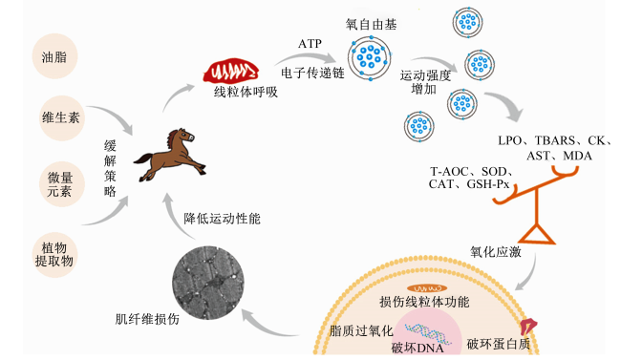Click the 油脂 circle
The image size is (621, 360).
pos(54,56)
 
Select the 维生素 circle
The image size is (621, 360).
pos(61,117)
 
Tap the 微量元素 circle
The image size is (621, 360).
pos(61,183)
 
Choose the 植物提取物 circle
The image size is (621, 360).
pos(54,255)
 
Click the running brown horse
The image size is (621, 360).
pos(170,155)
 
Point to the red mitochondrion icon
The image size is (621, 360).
pos(231,71)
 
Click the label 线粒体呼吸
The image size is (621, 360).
pos(246,92)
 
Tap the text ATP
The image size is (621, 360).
pos(310,44)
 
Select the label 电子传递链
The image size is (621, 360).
pos(312,73)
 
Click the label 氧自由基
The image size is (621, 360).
pos(371,25)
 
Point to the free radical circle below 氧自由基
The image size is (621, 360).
pos(370,58)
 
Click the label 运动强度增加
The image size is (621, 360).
pos(425,82)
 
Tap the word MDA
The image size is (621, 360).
pos(577,156)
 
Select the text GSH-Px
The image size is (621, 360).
pos(488,184)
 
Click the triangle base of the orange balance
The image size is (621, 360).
pos(536,234)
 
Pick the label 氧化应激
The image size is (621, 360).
pos(496,251)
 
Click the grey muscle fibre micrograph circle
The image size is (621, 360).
pos(208,283)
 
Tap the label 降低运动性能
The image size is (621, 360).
pos(222,219)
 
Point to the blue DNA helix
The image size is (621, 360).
pos(428,332)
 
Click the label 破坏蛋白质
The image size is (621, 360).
pos(498,344)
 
